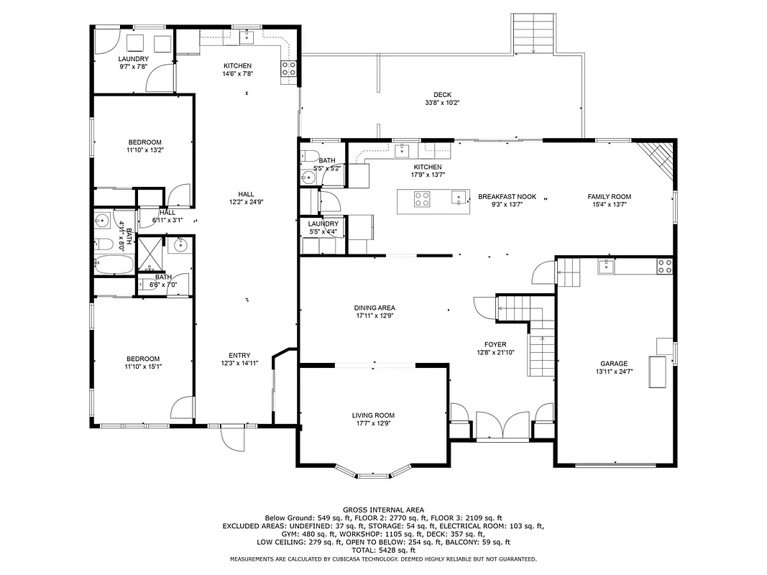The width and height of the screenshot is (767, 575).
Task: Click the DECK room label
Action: (442, 94)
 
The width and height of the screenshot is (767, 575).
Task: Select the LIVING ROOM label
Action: (373, 415)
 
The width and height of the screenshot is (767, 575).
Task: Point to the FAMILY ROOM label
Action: (609, 196)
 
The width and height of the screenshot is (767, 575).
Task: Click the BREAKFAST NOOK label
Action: (507, 196)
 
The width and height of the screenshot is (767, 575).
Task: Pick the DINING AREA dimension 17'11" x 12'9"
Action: (375, 316)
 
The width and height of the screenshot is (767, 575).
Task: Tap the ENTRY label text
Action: (239, 355)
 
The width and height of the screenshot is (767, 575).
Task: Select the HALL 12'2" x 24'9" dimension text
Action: (246, 202)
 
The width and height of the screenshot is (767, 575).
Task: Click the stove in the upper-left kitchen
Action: (289, 69)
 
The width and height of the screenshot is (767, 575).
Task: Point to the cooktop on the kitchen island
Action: (422, 198)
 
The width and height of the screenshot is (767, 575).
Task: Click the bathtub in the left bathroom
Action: (113, 264)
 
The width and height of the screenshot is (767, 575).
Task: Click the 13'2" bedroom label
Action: (144, 142)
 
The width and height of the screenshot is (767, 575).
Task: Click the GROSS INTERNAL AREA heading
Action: (383, 510)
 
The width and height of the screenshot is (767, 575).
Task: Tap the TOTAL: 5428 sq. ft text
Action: (383, 550)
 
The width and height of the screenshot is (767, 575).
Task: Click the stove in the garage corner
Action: (664, 267)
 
